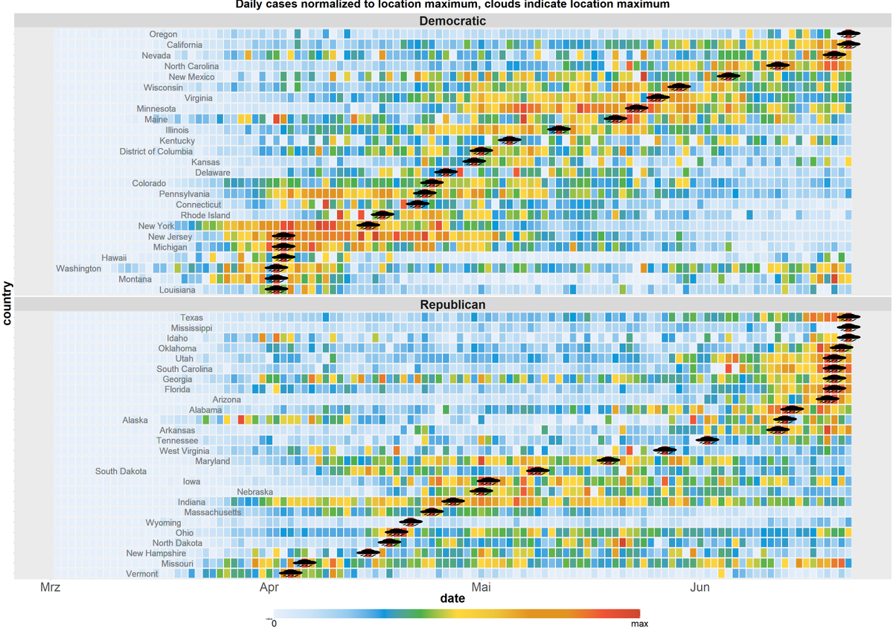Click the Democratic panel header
tap(452, 20)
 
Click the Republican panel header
tap(452, 304)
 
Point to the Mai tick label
tap(481, 589)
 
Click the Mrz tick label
tap(50, 589)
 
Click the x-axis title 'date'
tap(452, 598)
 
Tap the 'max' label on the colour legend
tap(639, 623)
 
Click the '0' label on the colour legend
tap(275, 623)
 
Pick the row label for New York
tap(156, 226)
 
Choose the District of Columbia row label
tap(156, 152)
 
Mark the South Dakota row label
tap(121, 471)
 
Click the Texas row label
tap(191, 318)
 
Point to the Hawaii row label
tap(115, 257)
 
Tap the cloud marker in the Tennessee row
tap(707, 440)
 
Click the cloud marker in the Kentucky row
tap(510, 140)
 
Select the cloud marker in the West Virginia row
tap(665, 449)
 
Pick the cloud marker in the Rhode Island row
tap(383, 215)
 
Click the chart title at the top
tap(452, 4)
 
